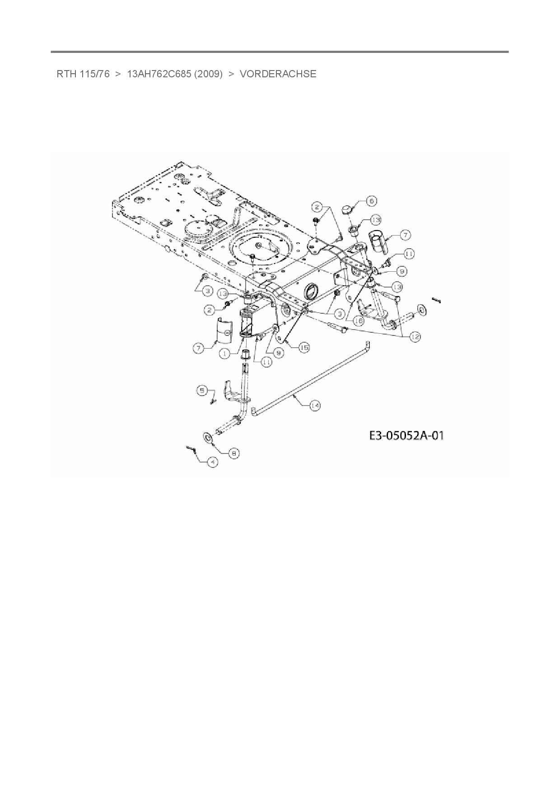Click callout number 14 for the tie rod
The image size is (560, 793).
[x=315, y=406]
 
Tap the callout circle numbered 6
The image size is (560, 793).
[x=371, y=201]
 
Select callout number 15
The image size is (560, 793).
[x=304, y=347]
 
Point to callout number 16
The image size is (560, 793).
[x=358, y=321]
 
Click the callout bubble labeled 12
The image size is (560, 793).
[x=415, y=336]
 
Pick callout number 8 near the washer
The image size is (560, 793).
[x=233, y=453]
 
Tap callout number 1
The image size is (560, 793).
[x=225, y=354]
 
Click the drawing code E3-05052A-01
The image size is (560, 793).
[x=406, y=435]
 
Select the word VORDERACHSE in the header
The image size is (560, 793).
[x=278, y=74]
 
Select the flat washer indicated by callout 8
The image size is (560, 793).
[x=209, y=437]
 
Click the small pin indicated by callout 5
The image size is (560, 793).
[x=212, y=401]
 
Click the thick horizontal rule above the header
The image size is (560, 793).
[x=280, y=52]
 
